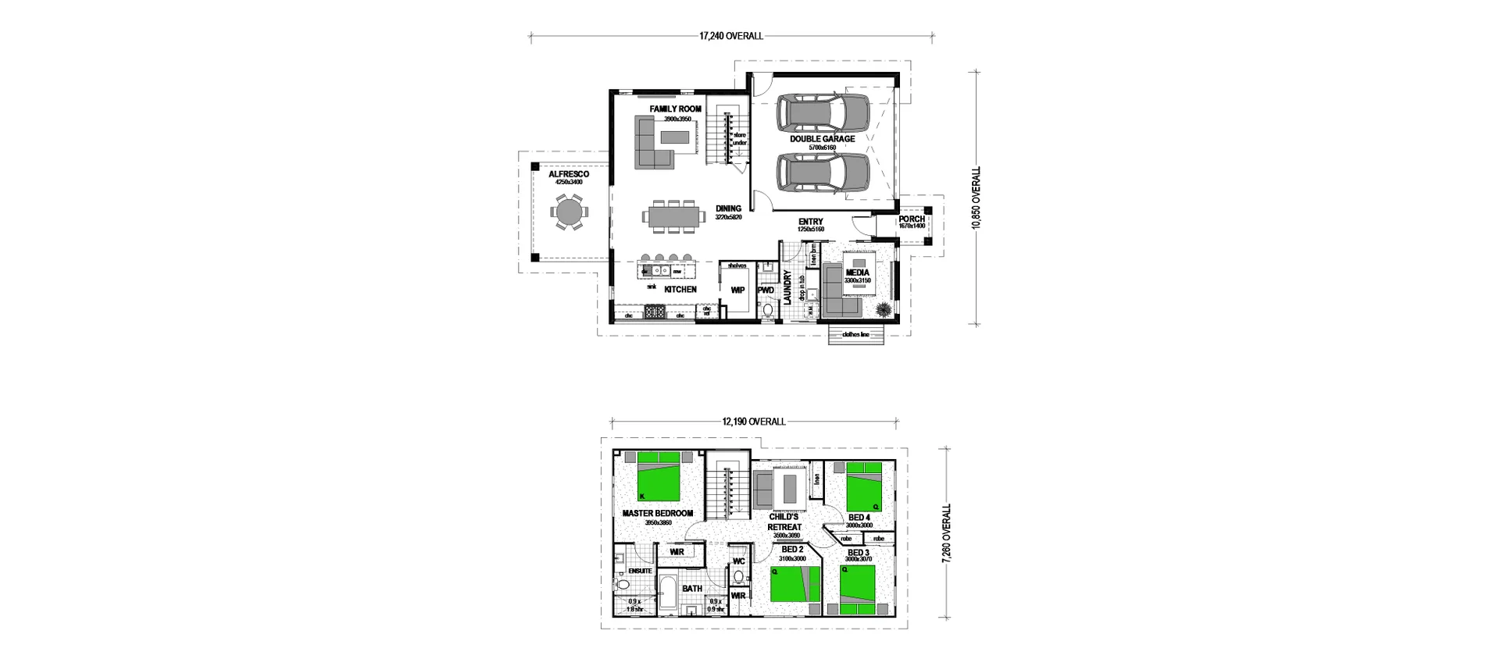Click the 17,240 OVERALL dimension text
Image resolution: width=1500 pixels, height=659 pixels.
730,36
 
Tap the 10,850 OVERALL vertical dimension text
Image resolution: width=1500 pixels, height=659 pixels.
976,198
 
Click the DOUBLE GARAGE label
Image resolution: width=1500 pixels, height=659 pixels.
822,139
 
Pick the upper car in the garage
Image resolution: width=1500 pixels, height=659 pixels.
823,113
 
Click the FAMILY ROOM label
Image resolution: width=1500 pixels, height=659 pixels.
675,109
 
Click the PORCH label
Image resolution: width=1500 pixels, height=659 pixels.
911,219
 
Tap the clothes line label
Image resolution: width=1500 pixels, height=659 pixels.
855,334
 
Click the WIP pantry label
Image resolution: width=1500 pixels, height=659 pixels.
737,290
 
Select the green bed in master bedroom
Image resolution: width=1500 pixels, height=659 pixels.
658,476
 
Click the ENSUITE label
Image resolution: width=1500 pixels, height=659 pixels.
640,571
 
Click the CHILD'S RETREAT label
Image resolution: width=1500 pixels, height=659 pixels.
783,522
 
